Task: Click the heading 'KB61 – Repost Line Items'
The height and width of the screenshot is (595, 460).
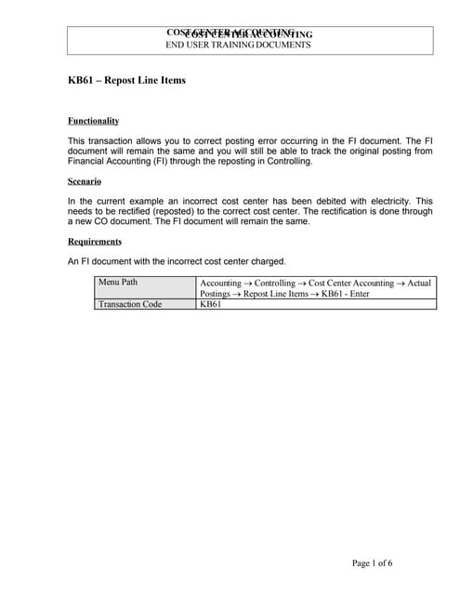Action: [x=126, y=80]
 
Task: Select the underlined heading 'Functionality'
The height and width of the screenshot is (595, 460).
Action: [x=93, y=121]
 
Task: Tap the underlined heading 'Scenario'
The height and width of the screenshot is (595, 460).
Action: [x=85, y=181]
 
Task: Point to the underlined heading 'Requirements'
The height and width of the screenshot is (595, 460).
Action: [x=96, y=242]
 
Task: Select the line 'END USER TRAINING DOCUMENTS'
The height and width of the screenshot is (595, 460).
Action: [x=238, y=45]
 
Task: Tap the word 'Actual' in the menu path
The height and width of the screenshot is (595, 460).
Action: [x=419, y=282]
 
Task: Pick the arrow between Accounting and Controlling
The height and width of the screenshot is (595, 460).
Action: [x=246, y=282]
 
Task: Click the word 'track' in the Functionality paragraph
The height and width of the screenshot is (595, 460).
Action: [x=314, y=151]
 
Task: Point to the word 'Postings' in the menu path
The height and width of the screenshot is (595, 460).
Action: [x=218, y=293]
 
